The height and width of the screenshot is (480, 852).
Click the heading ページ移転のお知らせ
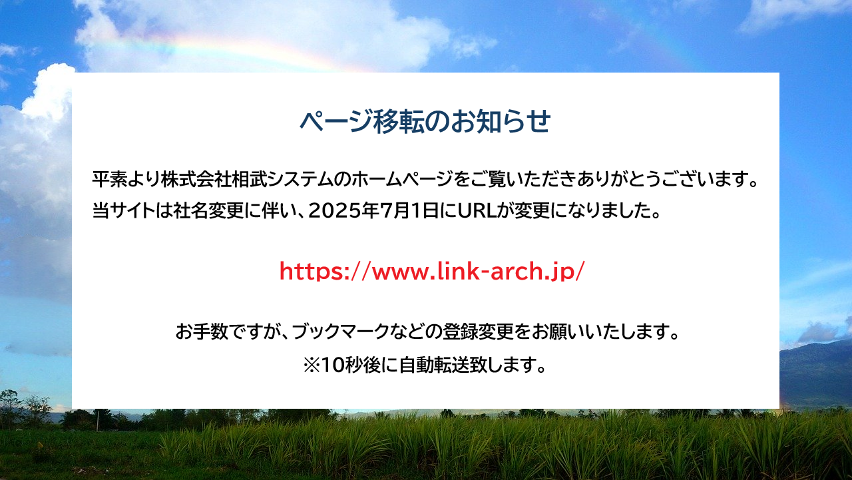coord(425,121)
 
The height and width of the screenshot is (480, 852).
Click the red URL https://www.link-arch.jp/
coord(432,271)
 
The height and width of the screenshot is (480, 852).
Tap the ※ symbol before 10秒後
coord(312,365)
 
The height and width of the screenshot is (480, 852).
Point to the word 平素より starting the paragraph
coord(126,179)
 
